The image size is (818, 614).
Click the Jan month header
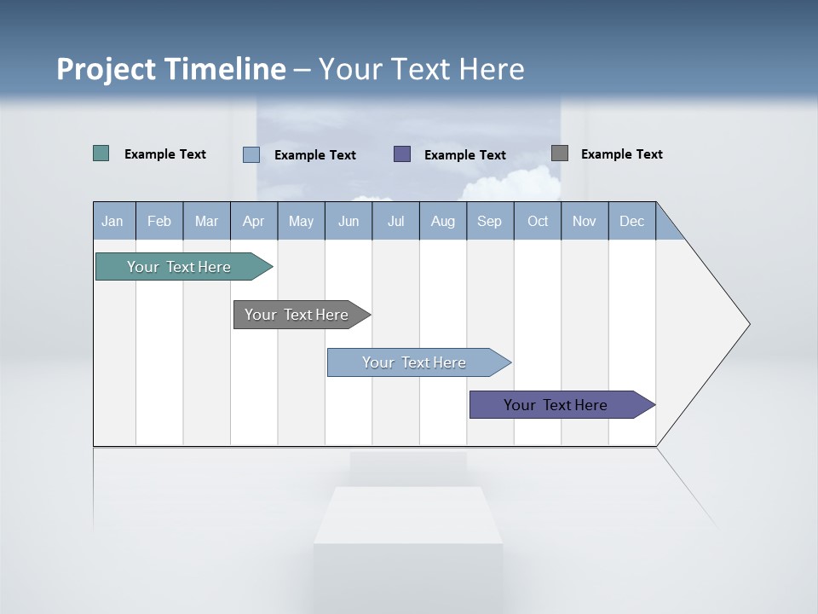click(113, 221)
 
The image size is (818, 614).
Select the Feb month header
click(159, 221)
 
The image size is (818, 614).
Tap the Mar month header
click(206, 221)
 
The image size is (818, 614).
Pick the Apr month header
click(254, 221)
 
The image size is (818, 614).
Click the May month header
click(301, 221)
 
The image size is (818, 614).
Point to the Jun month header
click(349, 221)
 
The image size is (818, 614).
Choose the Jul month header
click(395, 221)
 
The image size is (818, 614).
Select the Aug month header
click(443, 221)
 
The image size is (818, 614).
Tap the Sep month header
click(490, 221)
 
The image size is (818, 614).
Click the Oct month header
click(538, 221)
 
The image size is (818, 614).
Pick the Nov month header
click(585, 221)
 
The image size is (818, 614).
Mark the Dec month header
click(632, 221)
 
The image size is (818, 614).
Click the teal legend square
click(101, 153)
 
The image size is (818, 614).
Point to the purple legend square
click(402, 153)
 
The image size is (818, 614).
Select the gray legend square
click(560, 153)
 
